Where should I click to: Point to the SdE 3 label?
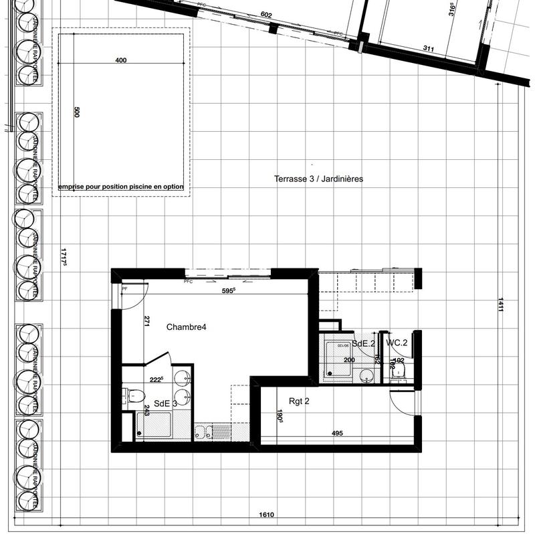coord(165,404)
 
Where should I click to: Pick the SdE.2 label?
coord(364,343)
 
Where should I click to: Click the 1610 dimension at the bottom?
coord(268,515)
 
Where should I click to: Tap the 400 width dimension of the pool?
coord(121,60)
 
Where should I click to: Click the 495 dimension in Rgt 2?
coord(337,434)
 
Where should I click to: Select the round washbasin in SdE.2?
coord(366,375)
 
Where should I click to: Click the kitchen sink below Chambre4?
coord(203,432)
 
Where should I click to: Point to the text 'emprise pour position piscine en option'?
coord(121,187)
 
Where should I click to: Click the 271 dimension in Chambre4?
coord(145,321)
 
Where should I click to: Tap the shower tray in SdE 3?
coord(154,425)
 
